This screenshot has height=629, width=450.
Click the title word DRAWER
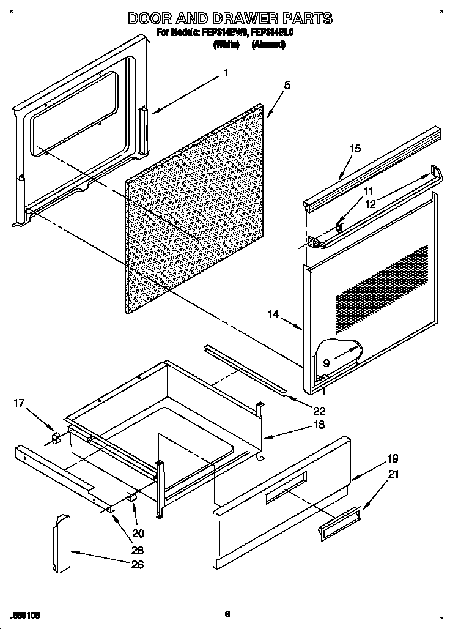[x=240, y=18]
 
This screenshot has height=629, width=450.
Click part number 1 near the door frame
[x=225, y=73]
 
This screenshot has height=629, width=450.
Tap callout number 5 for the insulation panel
[x=287, y=86]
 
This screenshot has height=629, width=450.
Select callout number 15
[x=355, y=149]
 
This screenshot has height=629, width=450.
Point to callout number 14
[x=273, y=314]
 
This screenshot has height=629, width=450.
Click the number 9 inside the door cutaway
[x=326, y=363]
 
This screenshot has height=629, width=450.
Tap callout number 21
[x=393, y=473]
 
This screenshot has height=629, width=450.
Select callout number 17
[x=19, y=403]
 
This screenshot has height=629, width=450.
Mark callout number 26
[x=138, y=564]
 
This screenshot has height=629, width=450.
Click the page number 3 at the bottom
[x=226, y=613]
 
